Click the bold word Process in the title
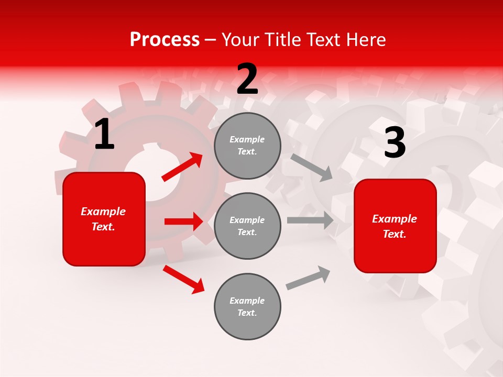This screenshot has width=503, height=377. (165, 40)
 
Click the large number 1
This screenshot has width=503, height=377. (104, 135)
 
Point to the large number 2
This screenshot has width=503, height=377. (247, 79)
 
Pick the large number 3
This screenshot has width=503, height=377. (395, 143)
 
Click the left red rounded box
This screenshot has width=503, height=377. (104, 219)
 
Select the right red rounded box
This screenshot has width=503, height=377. (395, 226)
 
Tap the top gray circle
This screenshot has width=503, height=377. (247, 146)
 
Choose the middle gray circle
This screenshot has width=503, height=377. (247, 226)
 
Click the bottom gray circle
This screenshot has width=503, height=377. (247, 306)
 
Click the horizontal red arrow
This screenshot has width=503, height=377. (183, 221)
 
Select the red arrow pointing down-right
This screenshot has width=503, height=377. (183, 279)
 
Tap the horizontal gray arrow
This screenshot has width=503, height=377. (310, 220)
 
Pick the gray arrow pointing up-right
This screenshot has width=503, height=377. (308, 278)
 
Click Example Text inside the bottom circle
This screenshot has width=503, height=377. (247, 307)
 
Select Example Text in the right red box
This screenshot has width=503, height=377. (395, 226)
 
